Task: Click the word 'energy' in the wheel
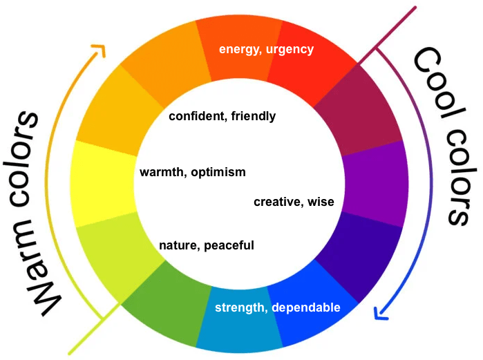(x=238, y=49)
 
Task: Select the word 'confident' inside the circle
(x=195, y=116)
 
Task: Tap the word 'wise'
(x=321, y=202)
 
